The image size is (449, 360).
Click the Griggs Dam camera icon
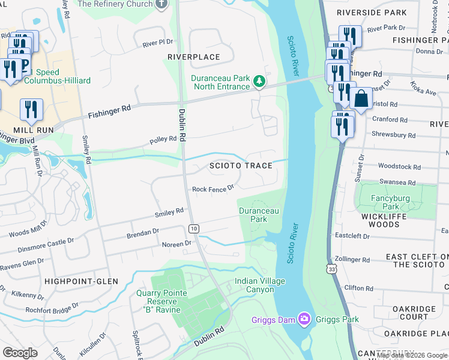tap(304, 319)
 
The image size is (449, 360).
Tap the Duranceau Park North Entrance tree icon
tap(259, 80)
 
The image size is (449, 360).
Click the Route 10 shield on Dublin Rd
tap(193, 228)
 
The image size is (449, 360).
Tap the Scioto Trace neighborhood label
tap(241, 165)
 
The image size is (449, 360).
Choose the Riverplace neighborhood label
tap(193, 57)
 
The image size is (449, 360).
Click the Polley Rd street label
tap(163, 139)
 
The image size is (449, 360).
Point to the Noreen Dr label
tap(176, 244)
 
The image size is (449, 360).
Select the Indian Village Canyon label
tap(260, 285)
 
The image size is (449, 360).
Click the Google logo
tap(20, 352)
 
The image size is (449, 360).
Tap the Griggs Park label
tap(339, 319)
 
